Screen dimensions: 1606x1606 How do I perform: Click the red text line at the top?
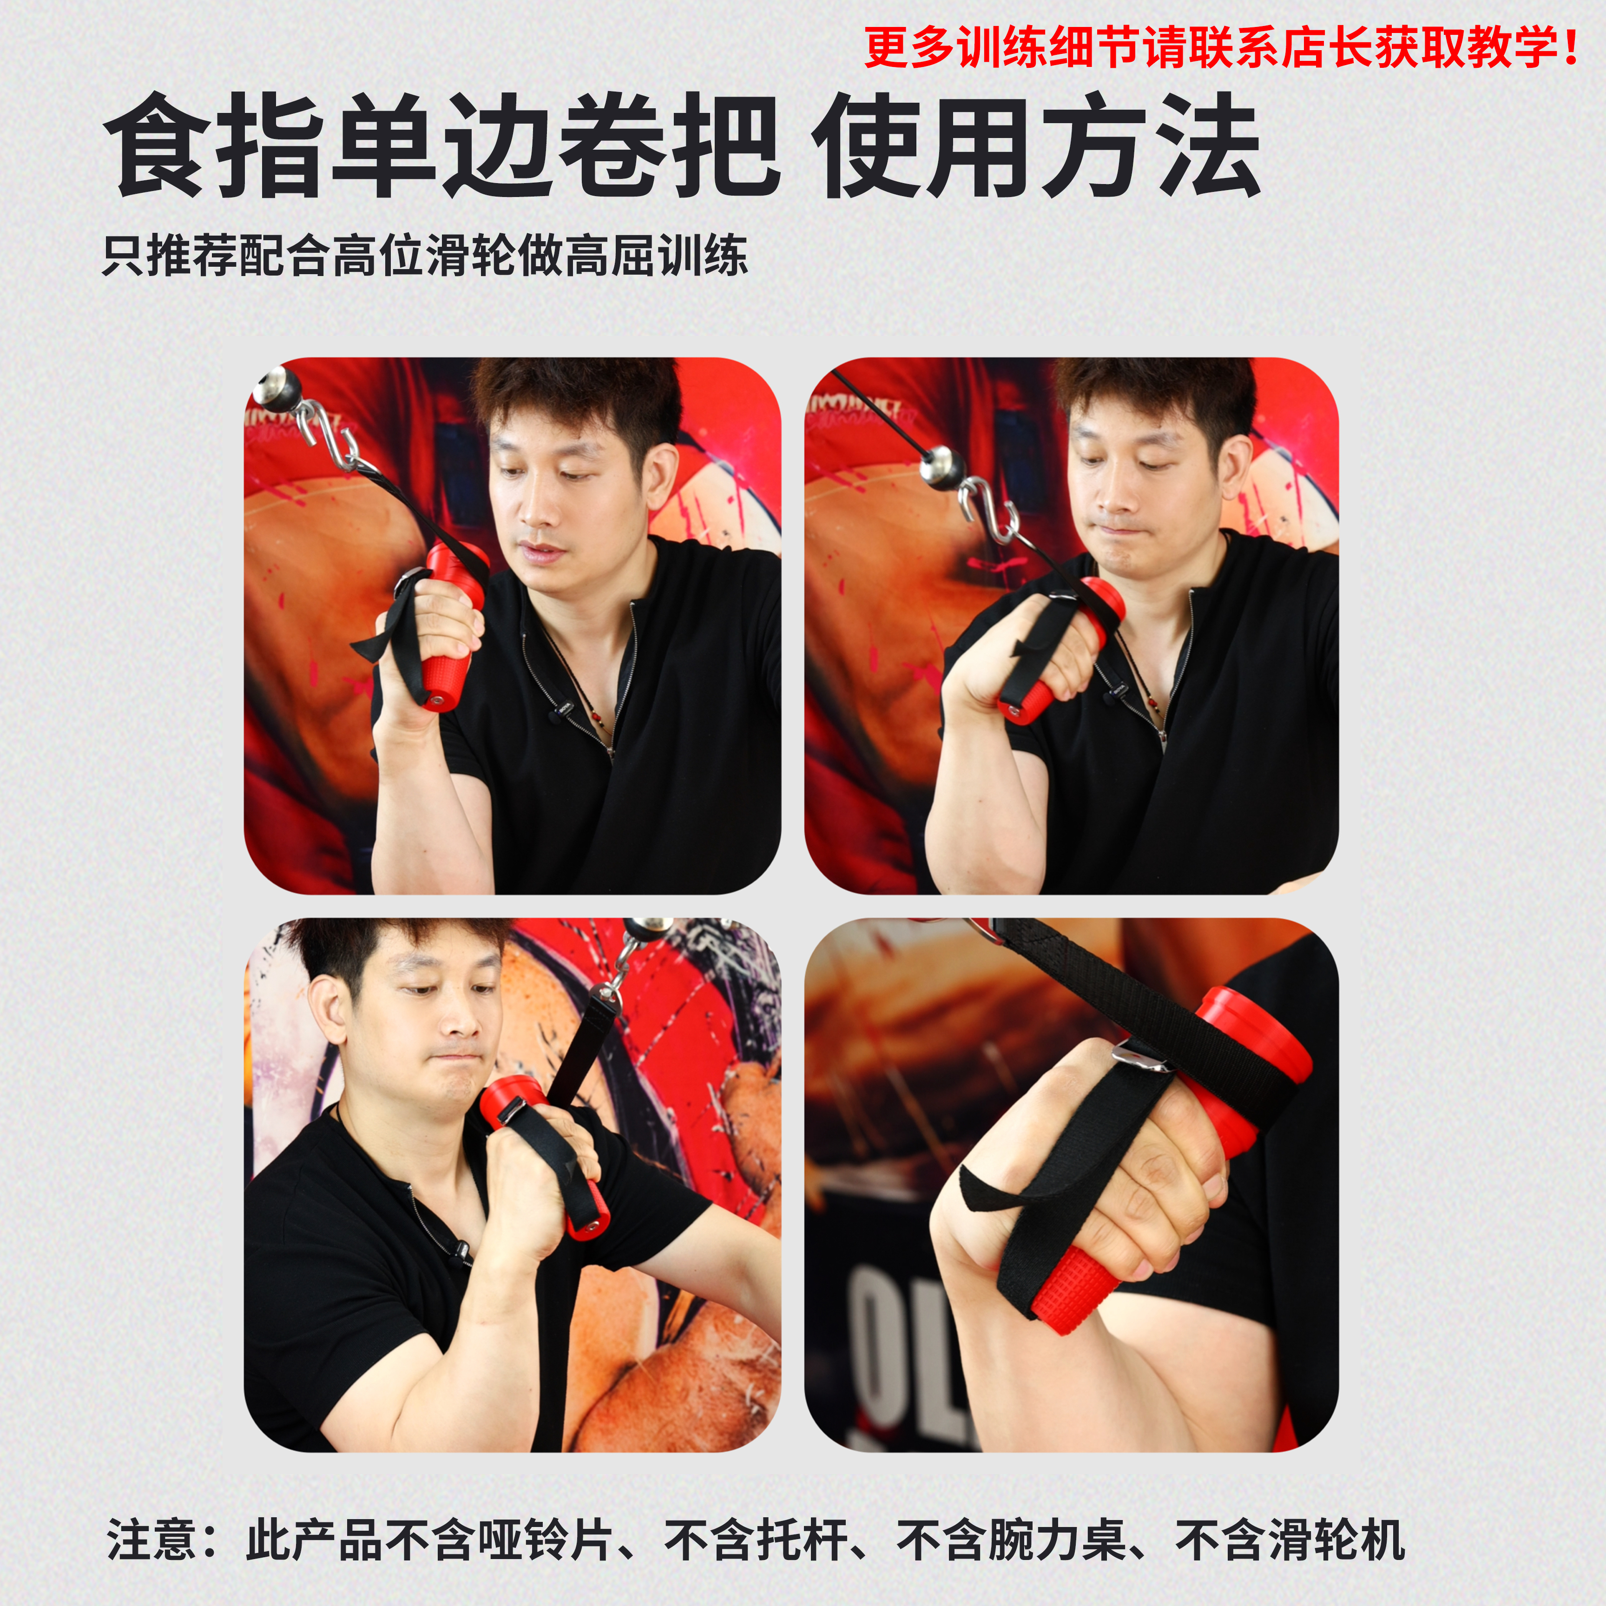[x=1220, y=47]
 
